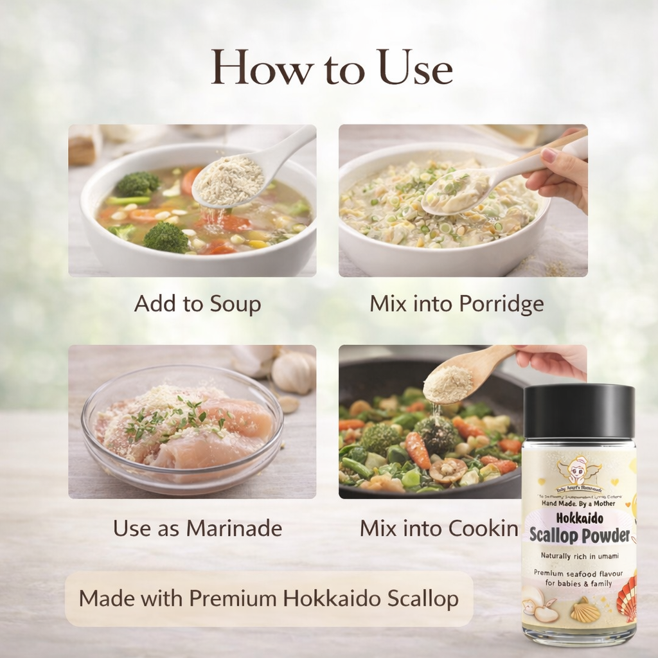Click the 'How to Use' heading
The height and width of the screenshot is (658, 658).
coord(332,67)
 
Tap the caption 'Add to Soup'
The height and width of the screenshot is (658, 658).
coord(197,304)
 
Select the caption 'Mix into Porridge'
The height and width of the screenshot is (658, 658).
coord(456,304)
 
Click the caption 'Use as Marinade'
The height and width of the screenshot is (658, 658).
coord(197,528)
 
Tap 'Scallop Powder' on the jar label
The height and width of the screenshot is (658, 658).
coord(579,535)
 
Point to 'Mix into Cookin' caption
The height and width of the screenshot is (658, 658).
coord(439,528)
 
